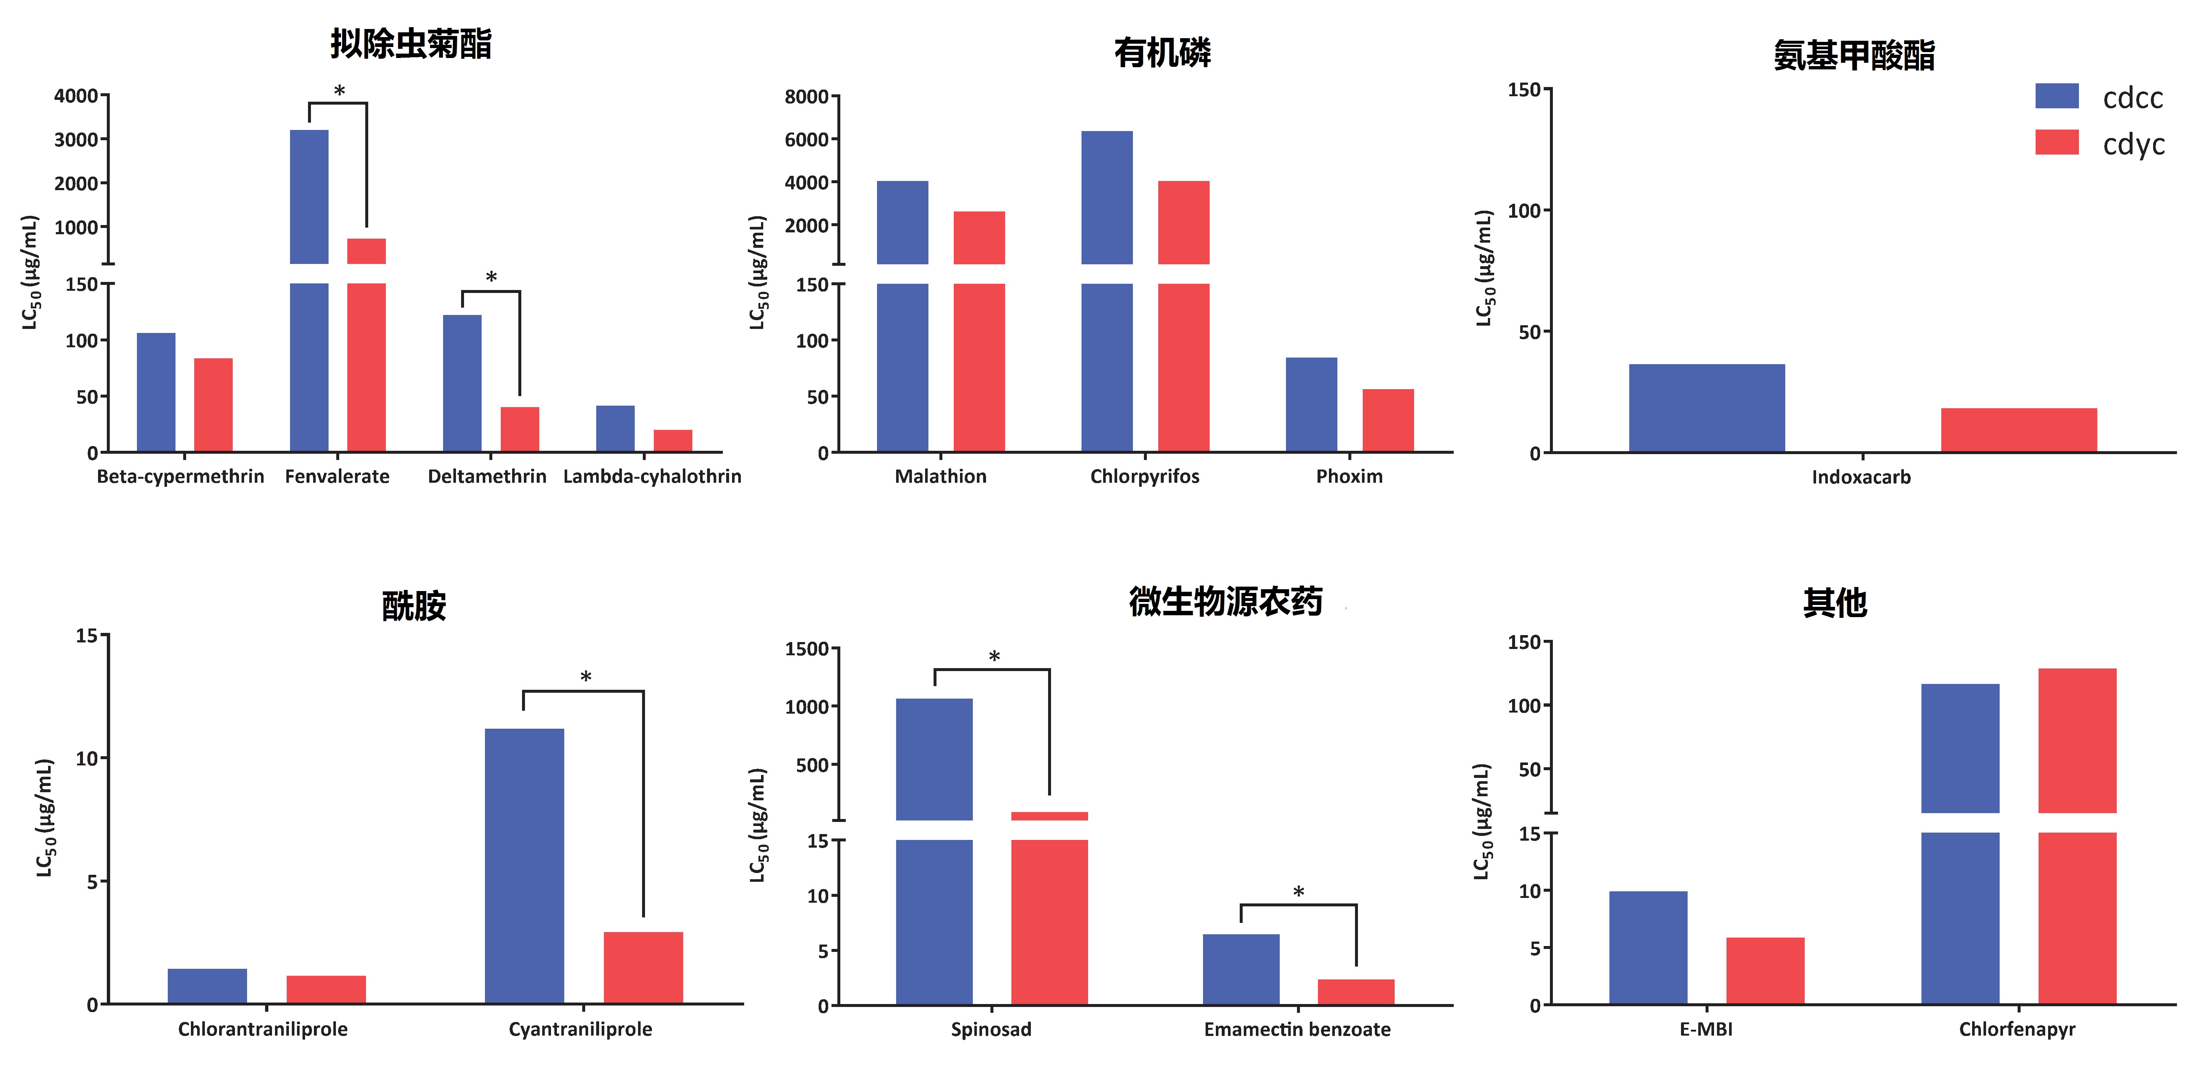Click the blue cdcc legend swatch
(2057, 96)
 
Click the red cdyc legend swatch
(2057, 142)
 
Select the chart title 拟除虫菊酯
(411, 44)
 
